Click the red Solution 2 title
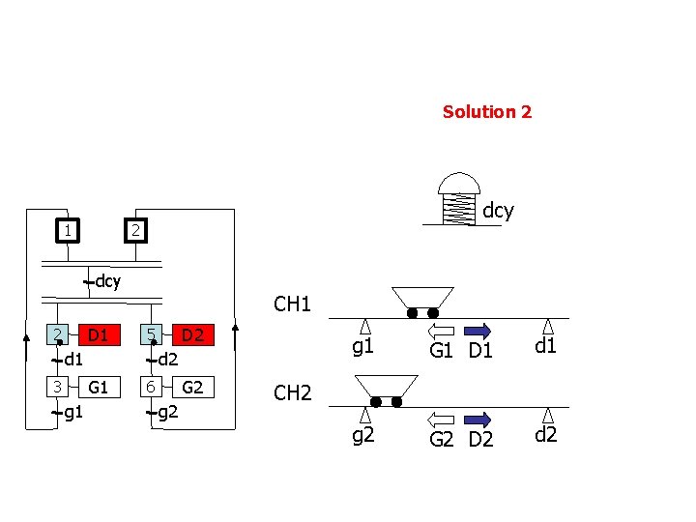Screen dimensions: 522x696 coord(486,112)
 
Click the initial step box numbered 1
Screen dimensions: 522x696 coord(67,231)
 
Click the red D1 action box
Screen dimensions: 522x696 coord(96,335)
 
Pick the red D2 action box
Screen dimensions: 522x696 coord(192,335)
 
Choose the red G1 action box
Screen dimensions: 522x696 coord(96,388)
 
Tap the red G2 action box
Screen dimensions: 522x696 coord(192,388)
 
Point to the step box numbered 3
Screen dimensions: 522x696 coord(58,388)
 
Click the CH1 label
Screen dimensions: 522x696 coord(292,305)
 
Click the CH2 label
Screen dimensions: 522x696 coord(292,393)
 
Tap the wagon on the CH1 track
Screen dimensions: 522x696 coord(422,301)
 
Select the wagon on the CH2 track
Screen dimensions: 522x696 coord(384,390)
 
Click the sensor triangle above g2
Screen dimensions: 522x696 coord(365,415)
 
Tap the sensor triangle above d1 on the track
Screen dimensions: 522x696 coord(548,327)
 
